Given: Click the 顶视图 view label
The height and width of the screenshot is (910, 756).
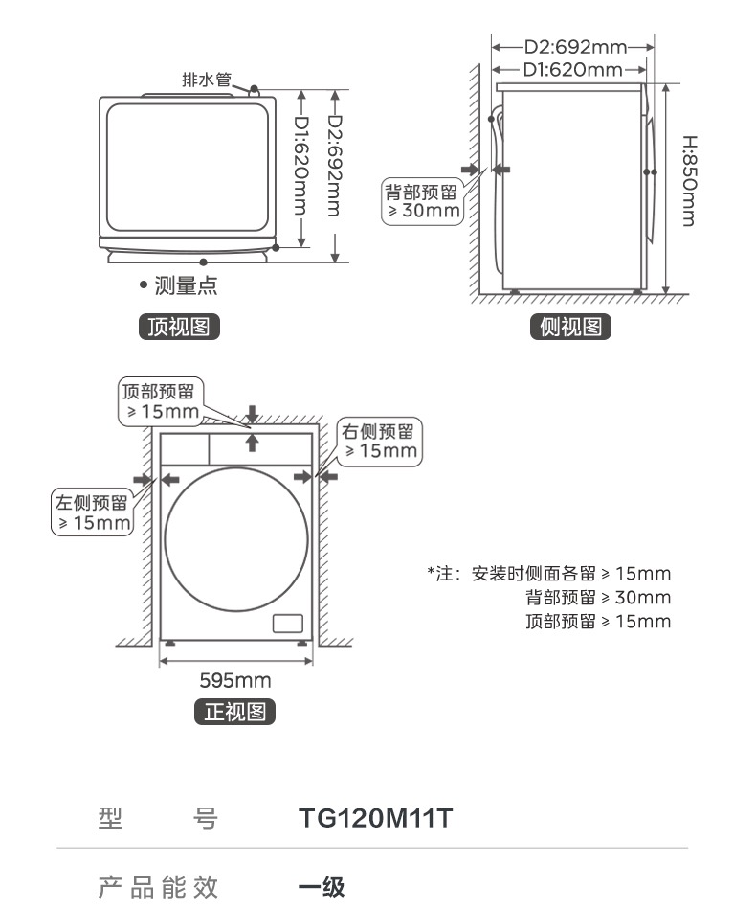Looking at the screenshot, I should coord(180,328).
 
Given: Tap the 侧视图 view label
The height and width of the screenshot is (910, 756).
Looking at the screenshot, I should coord(570,328).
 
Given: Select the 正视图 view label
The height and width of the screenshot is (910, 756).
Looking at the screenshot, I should coord(234,712).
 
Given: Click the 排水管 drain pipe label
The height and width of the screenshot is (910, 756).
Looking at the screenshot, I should coord(207,80).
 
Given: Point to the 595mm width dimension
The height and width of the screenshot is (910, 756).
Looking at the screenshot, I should coord(234,681).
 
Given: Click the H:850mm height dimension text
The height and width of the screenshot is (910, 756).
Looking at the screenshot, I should coord(688,179).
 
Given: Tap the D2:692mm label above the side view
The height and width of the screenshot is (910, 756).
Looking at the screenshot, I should coord(574,46).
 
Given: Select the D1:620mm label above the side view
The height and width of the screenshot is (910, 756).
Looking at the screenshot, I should coord(572,69).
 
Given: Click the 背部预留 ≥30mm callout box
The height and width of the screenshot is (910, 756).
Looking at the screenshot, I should coord(421,200).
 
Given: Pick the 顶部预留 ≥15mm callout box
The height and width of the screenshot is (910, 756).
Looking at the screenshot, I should coord(159,401).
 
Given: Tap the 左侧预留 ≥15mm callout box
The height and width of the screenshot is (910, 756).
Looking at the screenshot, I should coord(92,512).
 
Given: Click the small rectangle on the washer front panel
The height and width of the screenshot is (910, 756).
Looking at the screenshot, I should coord(288,623).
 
